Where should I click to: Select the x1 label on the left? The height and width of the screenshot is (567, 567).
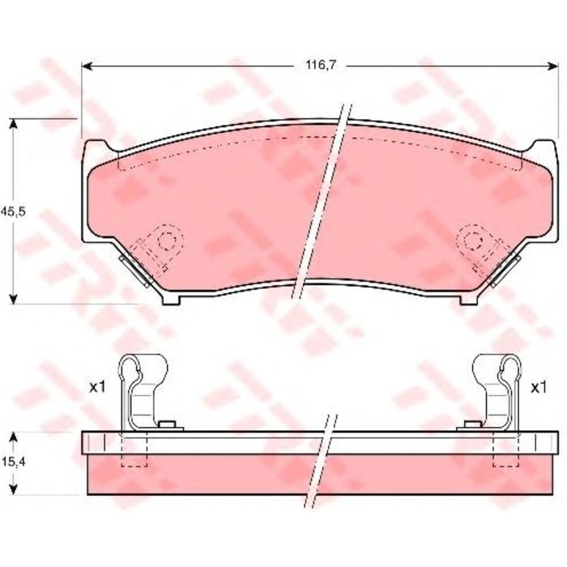pos(98,388)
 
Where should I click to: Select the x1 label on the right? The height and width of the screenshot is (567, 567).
pos(537,388)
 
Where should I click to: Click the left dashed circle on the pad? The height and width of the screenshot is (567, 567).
pos(167,240)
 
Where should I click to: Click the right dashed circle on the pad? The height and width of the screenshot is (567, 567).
pos(472,240)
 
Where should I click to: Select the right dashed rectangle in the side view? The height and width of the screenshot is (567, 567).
pos(506,450)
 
